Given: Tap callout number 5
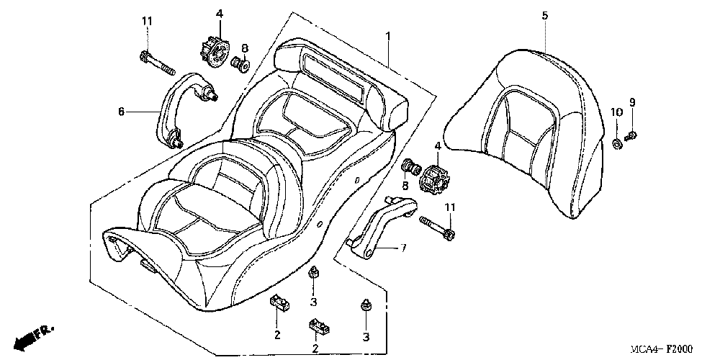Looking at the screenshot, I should coord(544,15).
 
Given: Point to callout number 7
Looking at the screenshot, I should coord(403,248).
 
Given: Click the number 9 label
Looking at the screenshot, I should coord(632,102).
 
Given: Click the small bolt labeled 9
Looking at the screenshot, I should coord(631,135).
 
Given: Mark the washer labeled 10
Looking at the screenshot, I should coord(618,140).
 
